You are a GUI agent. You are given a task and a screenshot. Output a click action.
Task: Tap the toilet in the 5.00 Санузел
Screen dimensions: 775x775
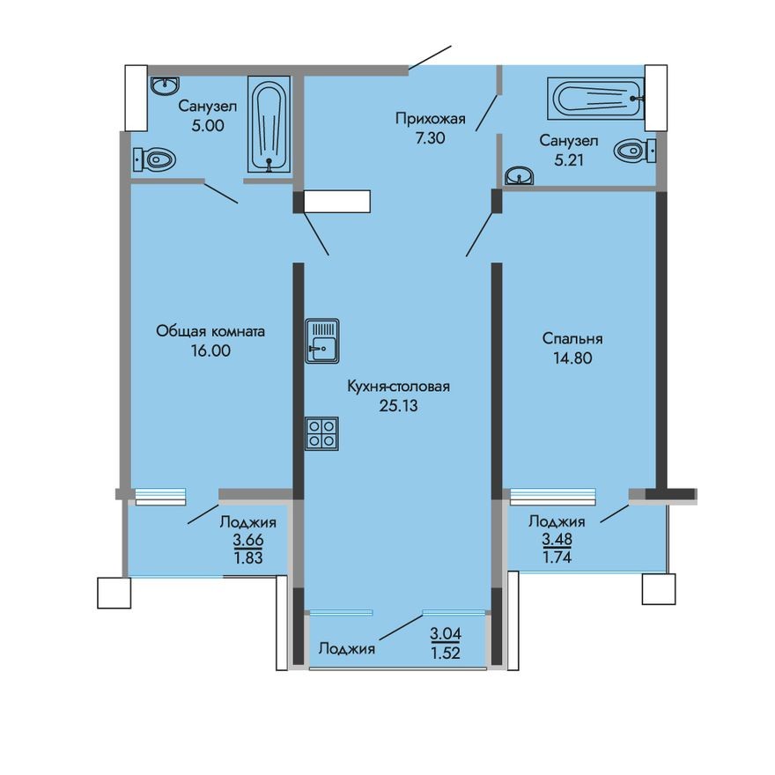coord(155,159)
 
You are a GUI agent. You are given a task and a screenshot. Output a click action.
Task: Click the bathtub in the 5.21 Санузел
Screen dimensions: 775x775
coord(596,97)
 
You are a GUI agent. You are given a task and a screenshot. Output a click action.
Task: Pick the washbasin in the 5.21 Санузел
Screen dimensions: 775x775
coord(520,178)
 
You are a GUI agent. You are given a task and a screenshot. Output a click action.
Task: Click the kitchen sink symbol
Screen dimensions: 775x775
coord(322,339)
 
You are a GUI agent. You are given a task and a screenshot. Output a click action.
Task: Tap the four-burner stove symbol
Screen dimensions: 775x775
coord(322,433)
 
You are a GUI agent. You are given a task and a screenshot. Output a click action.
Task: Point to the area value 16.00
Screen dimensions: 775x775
coord(210,351)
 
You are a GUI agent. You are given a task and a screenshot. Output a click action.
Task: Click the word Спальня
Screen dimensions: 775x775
coord(572,338)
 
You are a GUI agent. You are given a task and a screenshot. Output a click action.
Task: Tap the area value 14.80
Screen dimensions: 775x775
coord(572,358)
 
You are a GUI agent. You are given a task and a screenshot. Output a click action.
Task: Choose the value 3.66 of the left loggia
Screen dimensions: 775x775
coord(247,539)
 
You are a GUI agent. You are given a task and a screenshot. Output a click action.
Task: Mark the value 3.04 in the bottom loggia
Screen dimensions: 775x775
coord(446,632)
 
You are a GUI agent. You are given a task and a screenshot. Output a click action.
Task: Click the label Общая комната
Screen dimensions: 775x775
coord(210,331)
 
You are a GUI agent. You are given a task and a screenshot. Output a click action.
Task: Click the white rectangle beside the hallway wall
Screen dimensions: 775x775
coord(337,202)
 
